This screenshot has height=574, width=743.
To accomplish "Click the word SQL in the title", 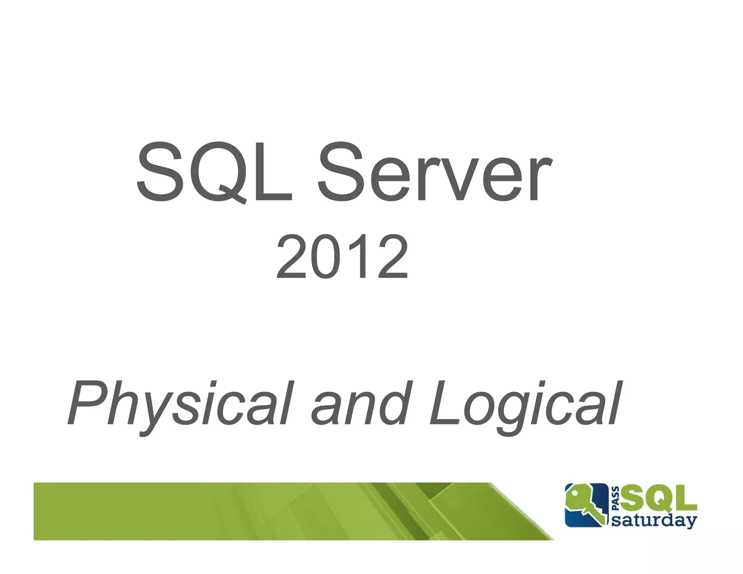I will tap(214, 172).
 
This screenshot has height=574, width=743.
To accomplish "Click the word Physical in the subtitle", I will tap(180, 405).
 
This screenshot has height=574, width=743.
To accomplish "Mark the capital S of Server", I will tap(340, 172).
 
